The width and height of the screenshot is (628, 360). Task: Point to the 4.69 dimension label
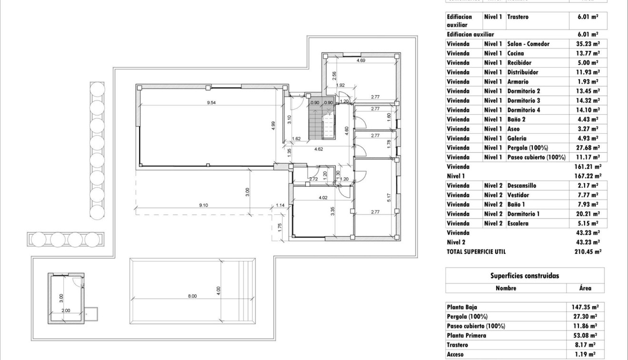tap(362, 60)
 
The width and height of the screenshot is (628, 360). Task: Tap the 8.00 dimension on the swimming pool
tap(192, 296)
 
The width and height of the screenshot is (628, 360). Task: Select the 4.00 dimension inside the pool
tap(219, 289)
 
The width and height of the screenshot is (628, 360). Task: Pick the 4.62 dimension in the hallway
tap(319, 149)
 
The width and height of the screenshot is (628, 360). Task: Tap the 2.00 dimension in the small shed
tap(65, 310)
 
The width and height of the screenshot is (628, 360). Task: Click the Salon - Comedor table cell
tap(528, 44)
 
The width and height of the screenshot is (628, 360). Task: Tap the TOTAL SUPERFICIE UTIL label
tap(476, 251)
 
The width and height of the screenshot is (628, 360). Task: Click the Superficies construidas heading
tap(525, 276)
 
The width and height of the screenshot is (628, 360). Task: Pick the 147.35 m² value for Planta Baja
tap(585, 307)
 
